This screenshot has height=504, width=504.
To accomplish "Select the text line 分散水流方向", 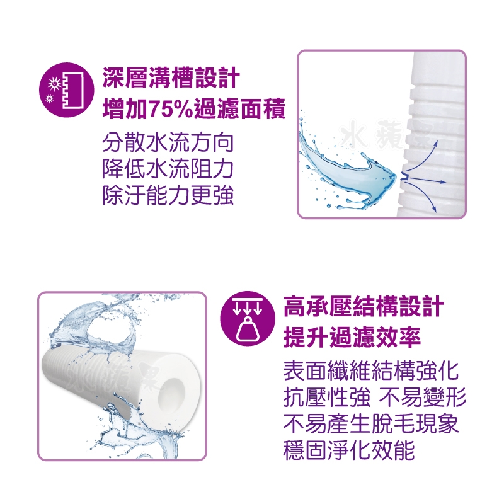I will (168, 143).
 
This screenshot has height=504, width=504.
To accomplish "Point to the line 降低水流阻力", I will (168, 169).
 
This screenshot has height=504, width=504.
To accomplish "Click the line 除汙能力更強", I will (168, 195).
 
